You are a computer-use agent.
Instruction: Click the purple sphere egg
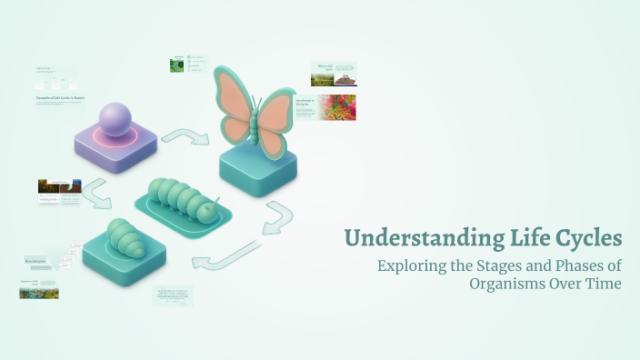pos(115,120)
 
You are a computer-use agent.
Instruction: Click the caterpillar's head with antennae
pos(209,213)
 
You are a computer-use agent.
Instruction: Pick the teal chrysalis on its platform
pos(122,240)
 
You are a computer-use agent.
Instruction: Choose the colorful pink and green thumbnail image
pos(337,107)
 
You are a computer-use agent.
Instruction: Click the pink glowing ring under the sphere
pos(115,139)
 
